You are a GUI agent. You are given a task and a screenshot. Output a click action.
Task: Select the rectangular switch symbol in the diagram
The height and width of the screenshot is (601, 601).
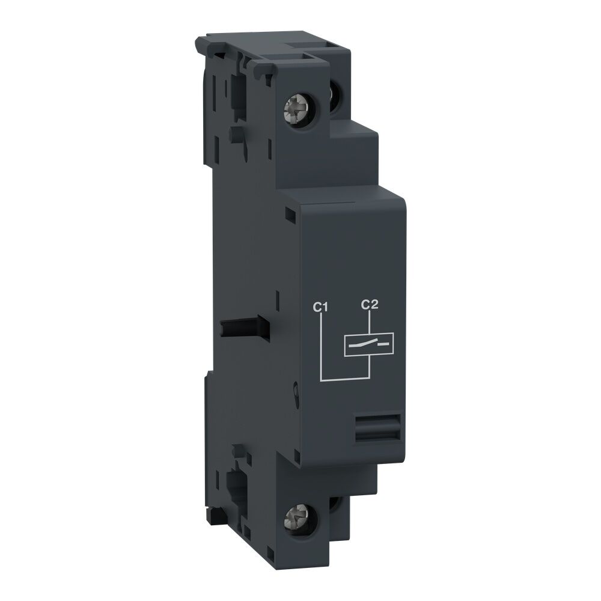[366, 344]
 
